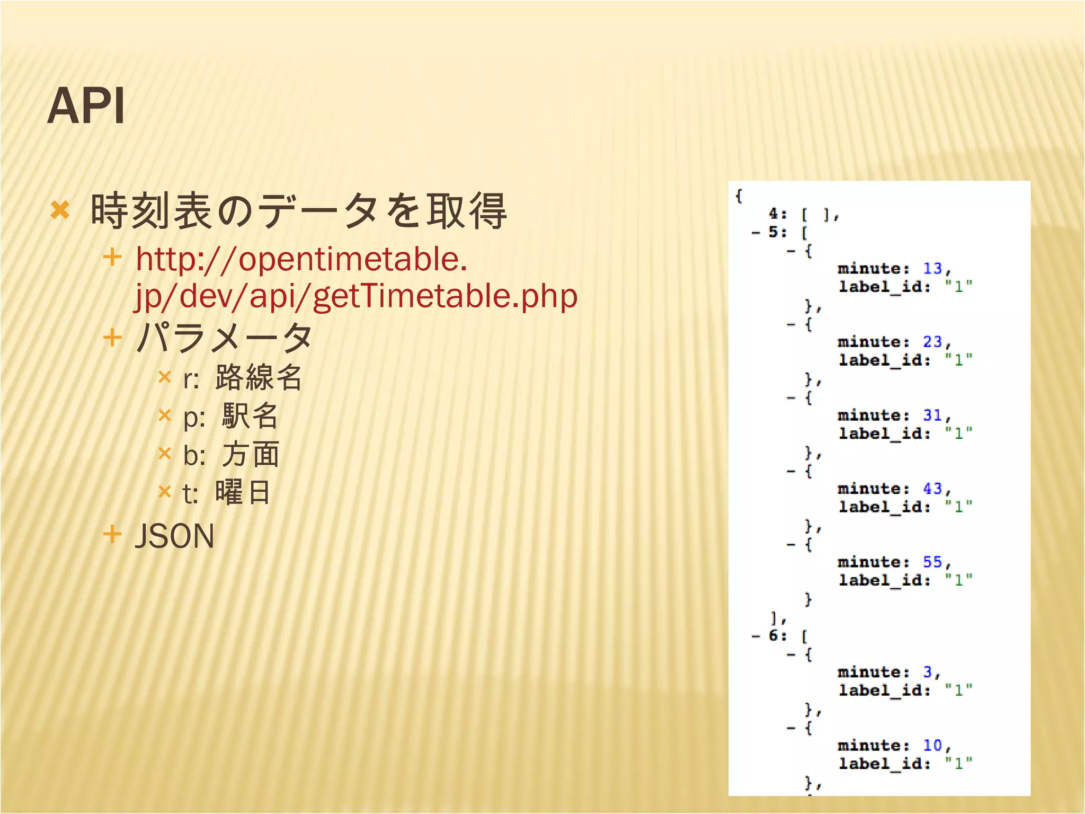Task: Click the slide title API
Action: pyautogui.click(x=86, y=106)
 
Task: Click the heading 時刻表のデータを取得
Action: pyautogui.click(x=299, y=211)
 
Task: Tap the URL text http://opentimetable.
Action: pyautogui.click(x=301, y=259)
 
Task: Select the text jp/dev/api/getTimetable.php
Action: pyautogui.click(x=355, y=296)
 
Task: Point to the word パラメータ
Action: pyautogui.click(x=224, y=338)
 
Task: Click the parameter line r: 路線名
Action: pyautogui.click(x=243, y=378)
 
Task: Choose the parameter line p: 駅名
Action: pyautogui.click(x=230, y=416)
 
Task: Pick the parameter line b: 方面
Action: pyautogui.click(x=231, y=455)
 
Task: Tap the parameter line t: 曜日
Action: pyautogui.click(x=227, y=493)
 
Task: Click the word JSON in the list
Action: pyautogui.click(x=174, y=536)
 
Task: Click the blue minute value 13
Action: pyautogui.click(x=932, y=269)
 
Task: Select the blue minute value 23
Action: pyautogui.click(x=932, y=342)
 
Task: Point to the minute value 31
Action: pyautogui.click(x=932, y=415)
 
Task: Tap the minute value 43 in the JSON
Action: pyautogui.click(x=932, y=489)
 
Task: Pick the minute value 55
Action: pyautogui.click(x=932, y=562)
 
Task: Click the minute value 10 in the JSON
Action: pyautogui.click(x=932, y=745)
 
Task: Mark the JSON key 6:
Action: pyautogui.click(x=777, y=635)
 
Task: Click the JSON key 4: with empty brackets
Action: pyautogui.click(x=777, y=214)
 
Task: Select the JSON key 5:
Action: pyautogui.click(x=777, y=232)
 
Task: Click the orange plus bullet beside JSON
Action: pyautogui.click(x=112, y=534)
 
